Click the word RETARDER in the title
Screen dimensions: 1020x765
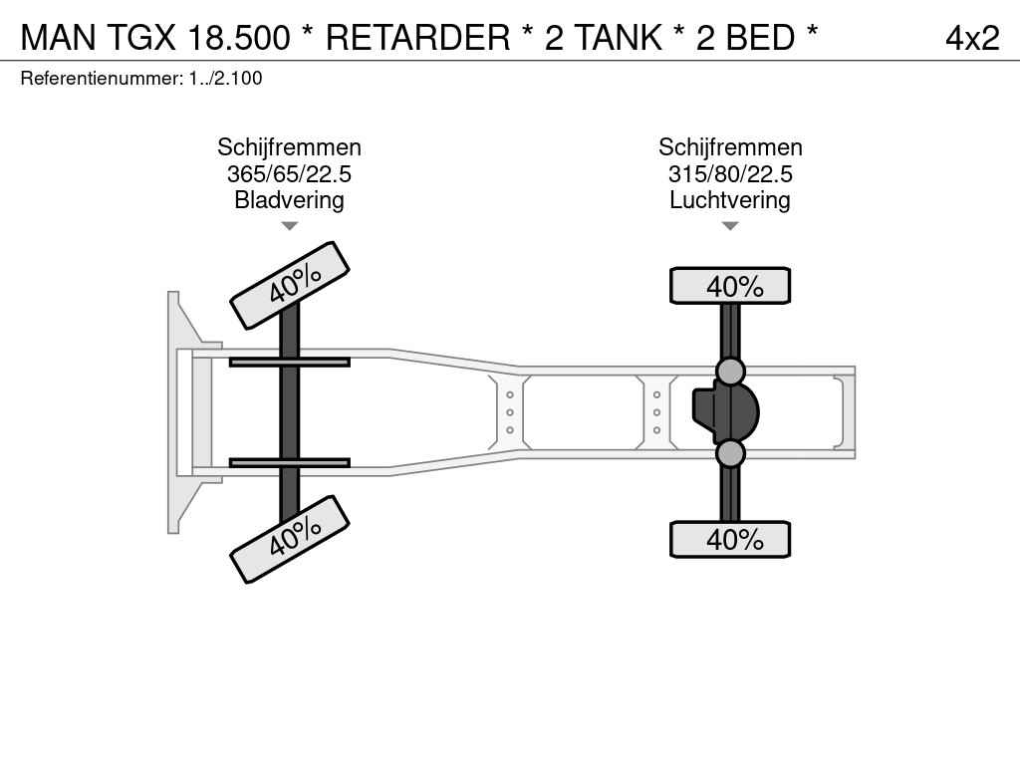pyautogui.click(x=417, y=37)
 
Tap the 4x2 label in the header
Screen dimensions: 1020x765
pyautogui.click(x=972, y=38)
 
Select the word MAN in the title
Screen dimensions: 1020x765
pyautogui.click(x=59, y=37)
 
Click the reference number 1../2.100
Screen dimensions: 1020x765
pyautogui.click(x=226, y=79)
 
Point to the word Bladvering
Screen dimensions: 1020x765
pyautogui.click(x=290, y=199)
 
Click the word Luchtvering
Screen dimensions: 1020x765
pyautogui.click(x=730, y=199)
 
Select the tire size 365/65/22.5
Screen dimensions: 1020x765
pyautogui.click(x=290, y=173)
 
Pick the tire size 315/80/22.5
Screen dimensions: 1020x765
pyautogui.click(x=730, y=173)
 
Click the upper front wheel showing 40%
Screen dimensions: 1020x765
pyautogui.click(x=290, y=286)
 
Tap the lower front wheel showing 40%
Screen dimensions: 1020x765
pyautogui.click(x=290, y=539)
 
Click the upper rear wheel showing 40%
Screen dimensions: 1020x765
pyautogui.click(x=730, y=286)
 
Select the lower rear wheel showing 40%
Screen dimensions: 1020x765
pyautogui.click(x=730, y=539)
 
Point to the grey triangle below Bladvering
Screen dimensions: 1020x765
pyautogui.click(x=290, y=226)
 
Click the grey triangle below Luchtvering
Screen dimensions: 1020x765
pyautogui.click(x=730, y=226)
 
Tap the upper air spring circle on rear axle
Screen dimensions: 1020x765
pyautogui.click(x=730, y=372)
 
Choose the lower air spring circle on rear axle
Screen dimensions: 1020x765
pyautogui.click(x=730, y=453)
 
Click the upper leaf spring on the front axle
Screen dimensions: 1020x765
pyautogui.click(x=290, y=362)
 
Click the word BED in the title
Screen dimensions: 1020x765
pyautogui.click(x=760, y=37)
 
